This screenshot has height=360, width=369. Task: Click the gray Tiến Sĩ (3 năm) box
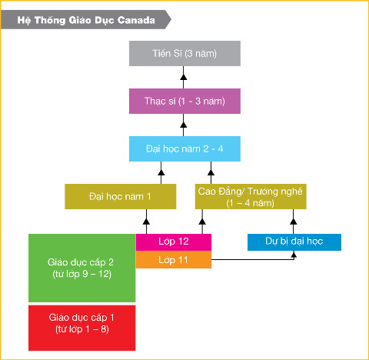pos(184,53)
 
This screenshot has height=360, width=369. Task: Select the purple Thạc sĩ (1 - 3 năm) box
pos(184,101)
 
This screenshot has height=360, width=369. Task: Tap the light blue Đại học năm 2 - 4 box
pos(184,148)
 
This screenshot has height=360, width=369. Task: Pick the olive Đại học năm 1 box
pos(121,196)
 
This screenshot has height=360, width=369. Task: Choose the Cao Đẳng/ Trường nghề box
pos(251,196)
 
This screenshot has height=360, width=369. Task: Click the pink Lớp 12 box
pos(174,242)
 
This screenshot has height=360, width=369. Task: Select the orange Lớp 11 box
pos(174,259)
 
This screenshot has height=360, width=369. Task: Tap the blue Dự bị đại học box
pos(294,242)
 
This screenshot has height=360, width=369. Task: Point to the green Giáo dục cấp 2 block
pos(82,268)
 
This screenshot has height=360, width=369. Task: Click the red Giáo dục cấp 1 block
pos(82,328)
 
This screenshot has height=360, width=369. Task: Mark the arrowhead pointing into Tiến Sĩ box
pos(183,77)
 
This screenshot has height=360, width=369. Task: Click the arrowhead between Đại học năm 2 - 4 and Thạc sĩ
pos(183,125)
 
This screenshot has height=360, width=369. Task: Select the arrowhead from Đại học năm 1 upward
pos(161,172)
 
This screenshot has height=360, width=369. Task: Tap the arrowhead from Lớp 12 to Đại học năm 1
pos(146,222)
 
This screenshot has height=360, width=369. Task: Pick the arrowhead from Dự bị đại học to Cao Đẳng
pos(294,222)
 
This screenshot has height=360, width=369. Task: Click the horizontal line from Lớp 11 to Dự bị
pos(253,259)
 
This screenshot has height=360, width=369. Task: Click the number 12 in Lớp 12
pos(183,242)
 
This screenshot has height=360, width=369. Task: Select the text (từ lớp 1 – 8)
pos(82,329)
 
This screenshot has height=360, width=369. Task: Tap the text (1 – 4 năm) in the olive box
pos(251,203)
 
